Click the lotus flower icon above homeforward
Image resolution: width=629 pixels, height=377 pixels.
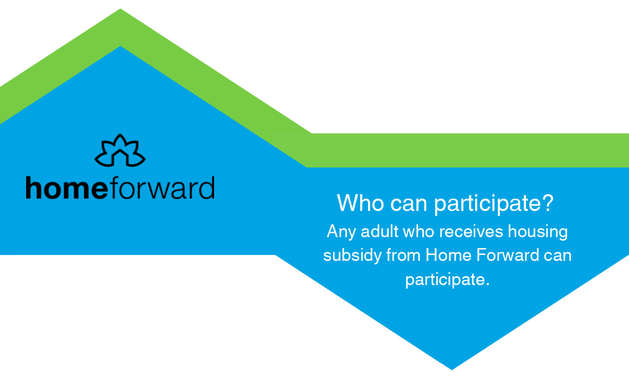[x=120, y=150]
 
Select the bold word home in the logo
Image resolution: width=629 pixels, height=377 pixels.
[x=66, y=188]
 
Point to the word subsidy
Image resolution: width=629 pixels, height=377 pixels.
[x=352, y=256]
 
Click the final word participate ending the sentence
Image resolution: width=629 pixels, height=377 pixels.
[x=445, y=280]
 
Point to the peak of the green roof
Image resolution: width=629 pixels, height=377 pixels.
[x=120, y=10]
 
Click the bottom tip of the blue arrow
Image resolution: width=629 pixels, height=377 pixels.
[x=452, y=369]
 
